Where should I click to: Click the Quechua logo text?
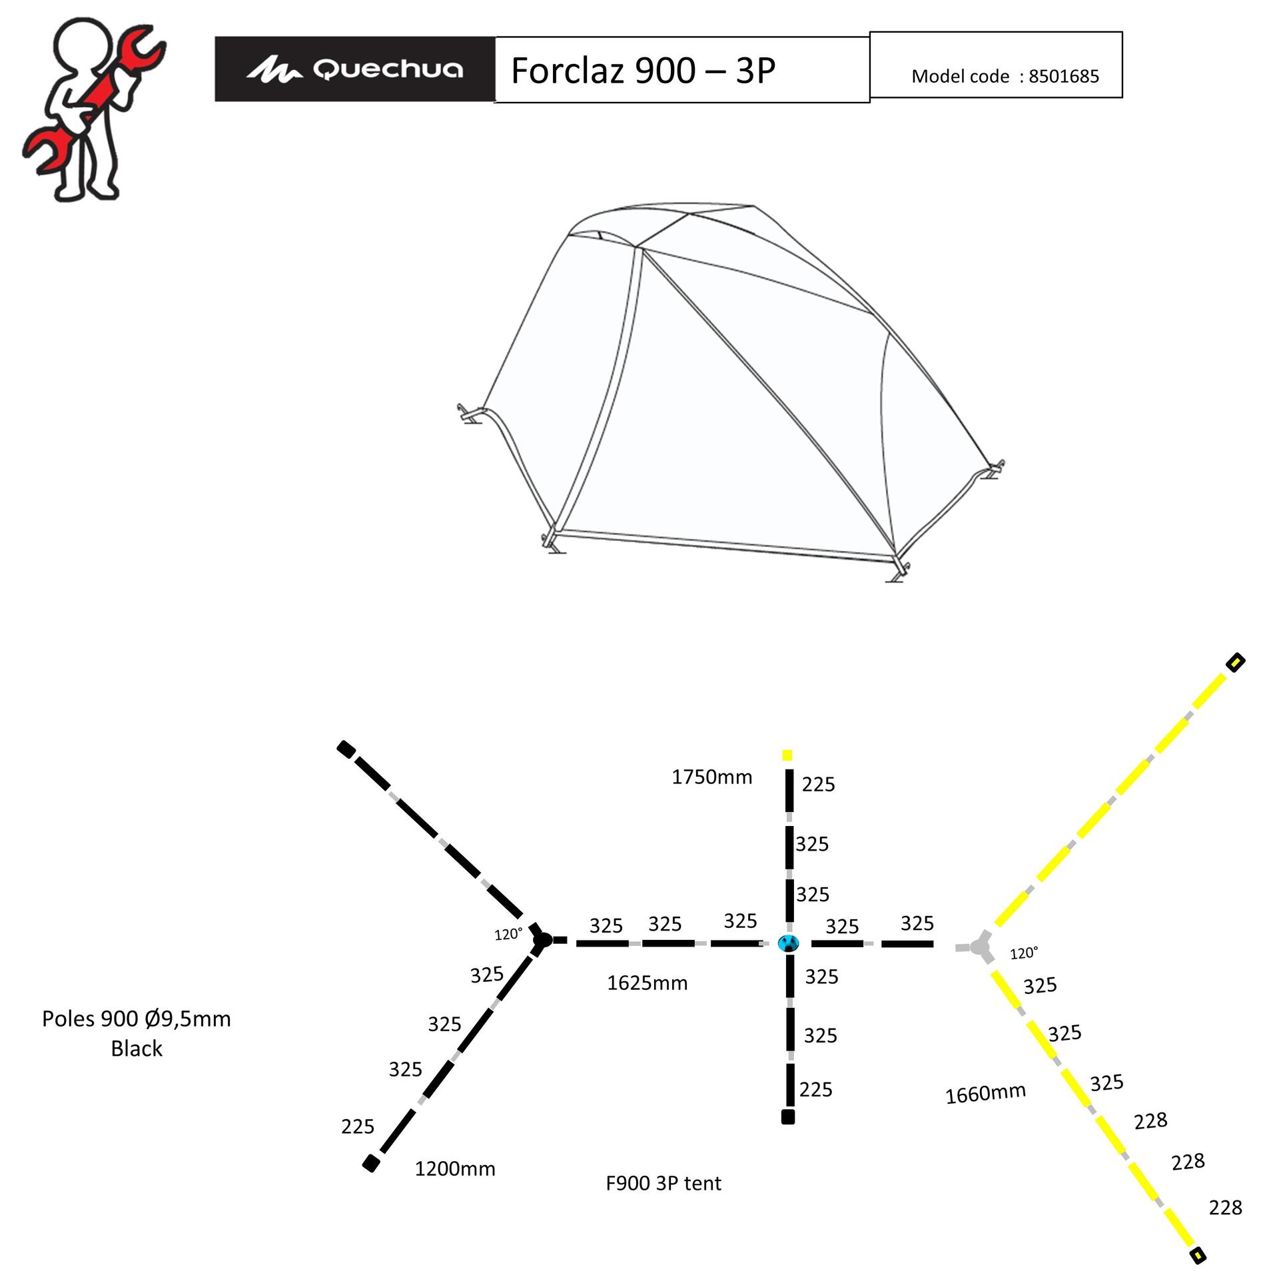[388, 69]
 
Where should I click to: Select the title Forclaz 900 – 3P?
[643, 70]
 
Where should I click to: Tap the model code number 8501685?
[1063, 77]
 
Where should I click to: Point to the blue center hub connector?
[788, 943]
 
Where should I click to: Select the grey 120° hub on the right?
[979, 947]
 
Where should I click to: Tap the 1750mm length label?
[711, 777]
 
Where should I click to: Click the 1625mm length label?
[647, 983]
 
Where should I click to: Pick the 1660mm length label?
[985, 1093]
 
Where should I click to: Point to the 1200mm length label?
[455, 1168]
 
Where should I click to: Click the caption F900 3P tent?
[663, 1183]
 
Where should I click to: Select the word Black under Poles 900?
[137, 1049]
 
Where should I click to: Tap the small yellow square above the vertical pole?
[787, 755]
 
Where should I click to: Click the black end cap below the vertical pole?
[788, 1117]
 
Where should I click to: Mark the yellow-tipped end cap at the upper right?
[1236, 662]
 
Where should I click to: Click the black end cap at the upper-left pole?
[346, 749]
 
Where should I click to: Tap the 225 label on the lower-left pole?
[358, 1126]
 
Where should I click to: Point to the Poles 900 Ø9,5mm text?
[137, 1019]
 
